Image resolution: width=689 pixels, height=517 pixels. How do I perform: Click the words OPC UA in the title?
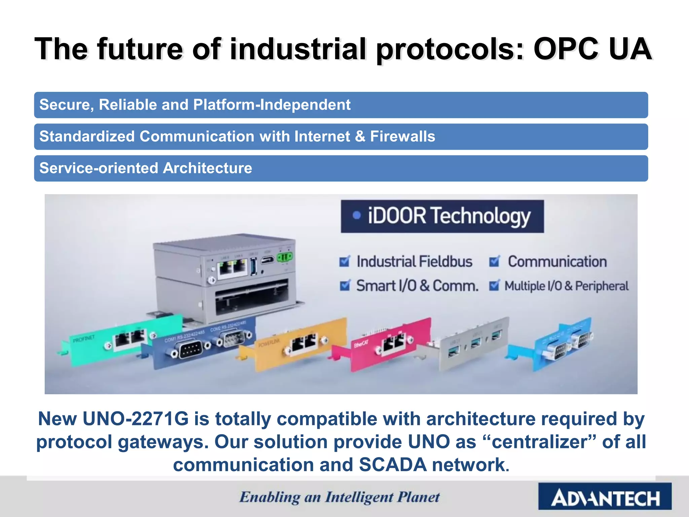pyautogui.click(x=592, y=49)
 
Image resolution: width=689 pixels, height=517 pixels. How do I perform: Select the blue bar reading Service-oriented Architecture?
pyautogui.click(x=340, y=168)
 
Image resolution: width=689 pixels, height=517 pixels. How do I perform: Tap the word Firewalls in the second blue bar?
pyautogui.click(x=402, y=137)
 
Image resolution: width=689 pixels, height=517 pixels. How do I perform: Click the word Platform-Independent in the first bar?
pyautogui.click(x=272, y=105)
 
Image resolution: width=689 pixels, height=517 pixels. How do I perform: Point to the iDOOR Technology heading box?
pyautogui.click(x=442, y=216)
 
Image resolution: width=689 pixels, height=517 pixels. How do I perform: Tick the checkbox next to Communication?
pyautogui.click(x=494, y=262)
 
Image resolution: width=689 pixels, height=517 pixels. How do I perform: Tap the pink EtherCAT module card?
pyautogui.click(x=387, y=343)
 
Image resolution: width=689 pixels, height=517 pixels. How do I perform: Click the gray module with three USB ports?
pyautogui.click(x=471, y=343)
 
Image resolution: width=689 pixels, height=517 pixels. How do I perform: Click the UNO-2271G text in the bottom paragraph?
pyautogui.click(x=136, y=419)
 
